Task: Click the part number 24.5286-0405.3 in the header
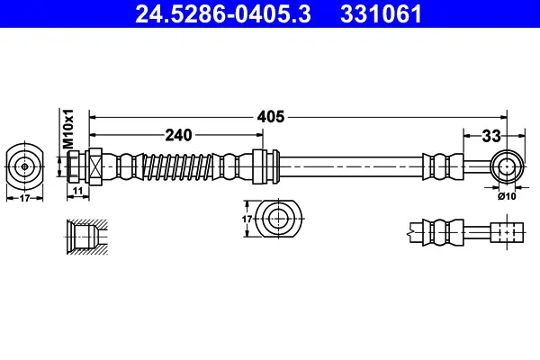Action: [223, 14]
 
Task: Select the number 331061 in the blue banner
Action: [381, 14]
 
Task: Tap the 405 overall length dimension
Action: [271, 117]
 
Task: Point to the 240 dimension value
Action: [178, 135]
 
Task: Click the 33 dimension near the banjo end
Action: [491, 136]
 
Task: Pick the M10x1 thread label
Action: [68, 129]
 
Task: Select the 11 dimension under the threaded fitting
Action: [78, 191]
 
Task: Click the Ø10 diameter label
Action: [507, 196]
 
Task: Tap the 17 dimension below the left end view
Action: [24, 198]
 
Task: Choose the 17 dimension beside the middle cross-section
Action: [247, 219]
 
